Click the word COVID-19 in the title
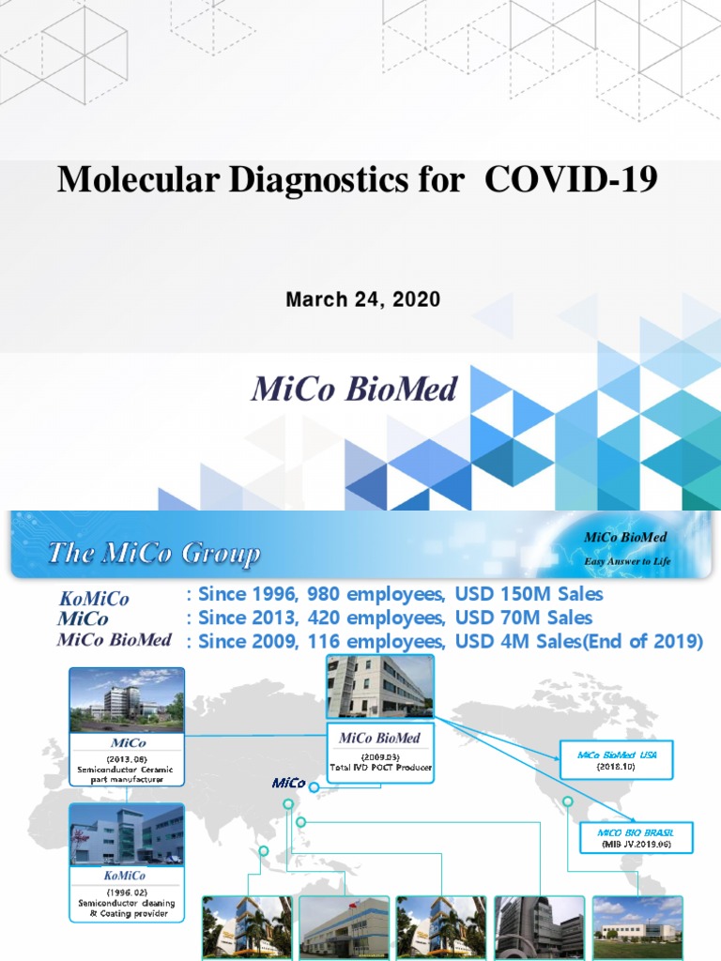pyautogui.click(x=571, y=179)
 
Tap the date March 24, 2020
pyautogui.click(x=362, y=300)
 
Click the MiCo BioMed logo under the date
pyautogui.click(x=354, y=389)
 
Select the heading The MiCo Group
pyautogui.click(x=154, y=554)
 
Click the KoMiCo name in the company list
pyautogui.click(x=94, y=599)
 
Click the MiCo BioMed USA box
pyautogui.click(x=615, y=759)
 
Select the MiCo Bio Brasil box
pyautogui.click(x=635, y=837)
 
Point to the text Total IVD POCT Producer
pyautogui.click(x=381, y=768)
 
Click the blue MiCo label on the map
pyautogui.click(x=289, y=783)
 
